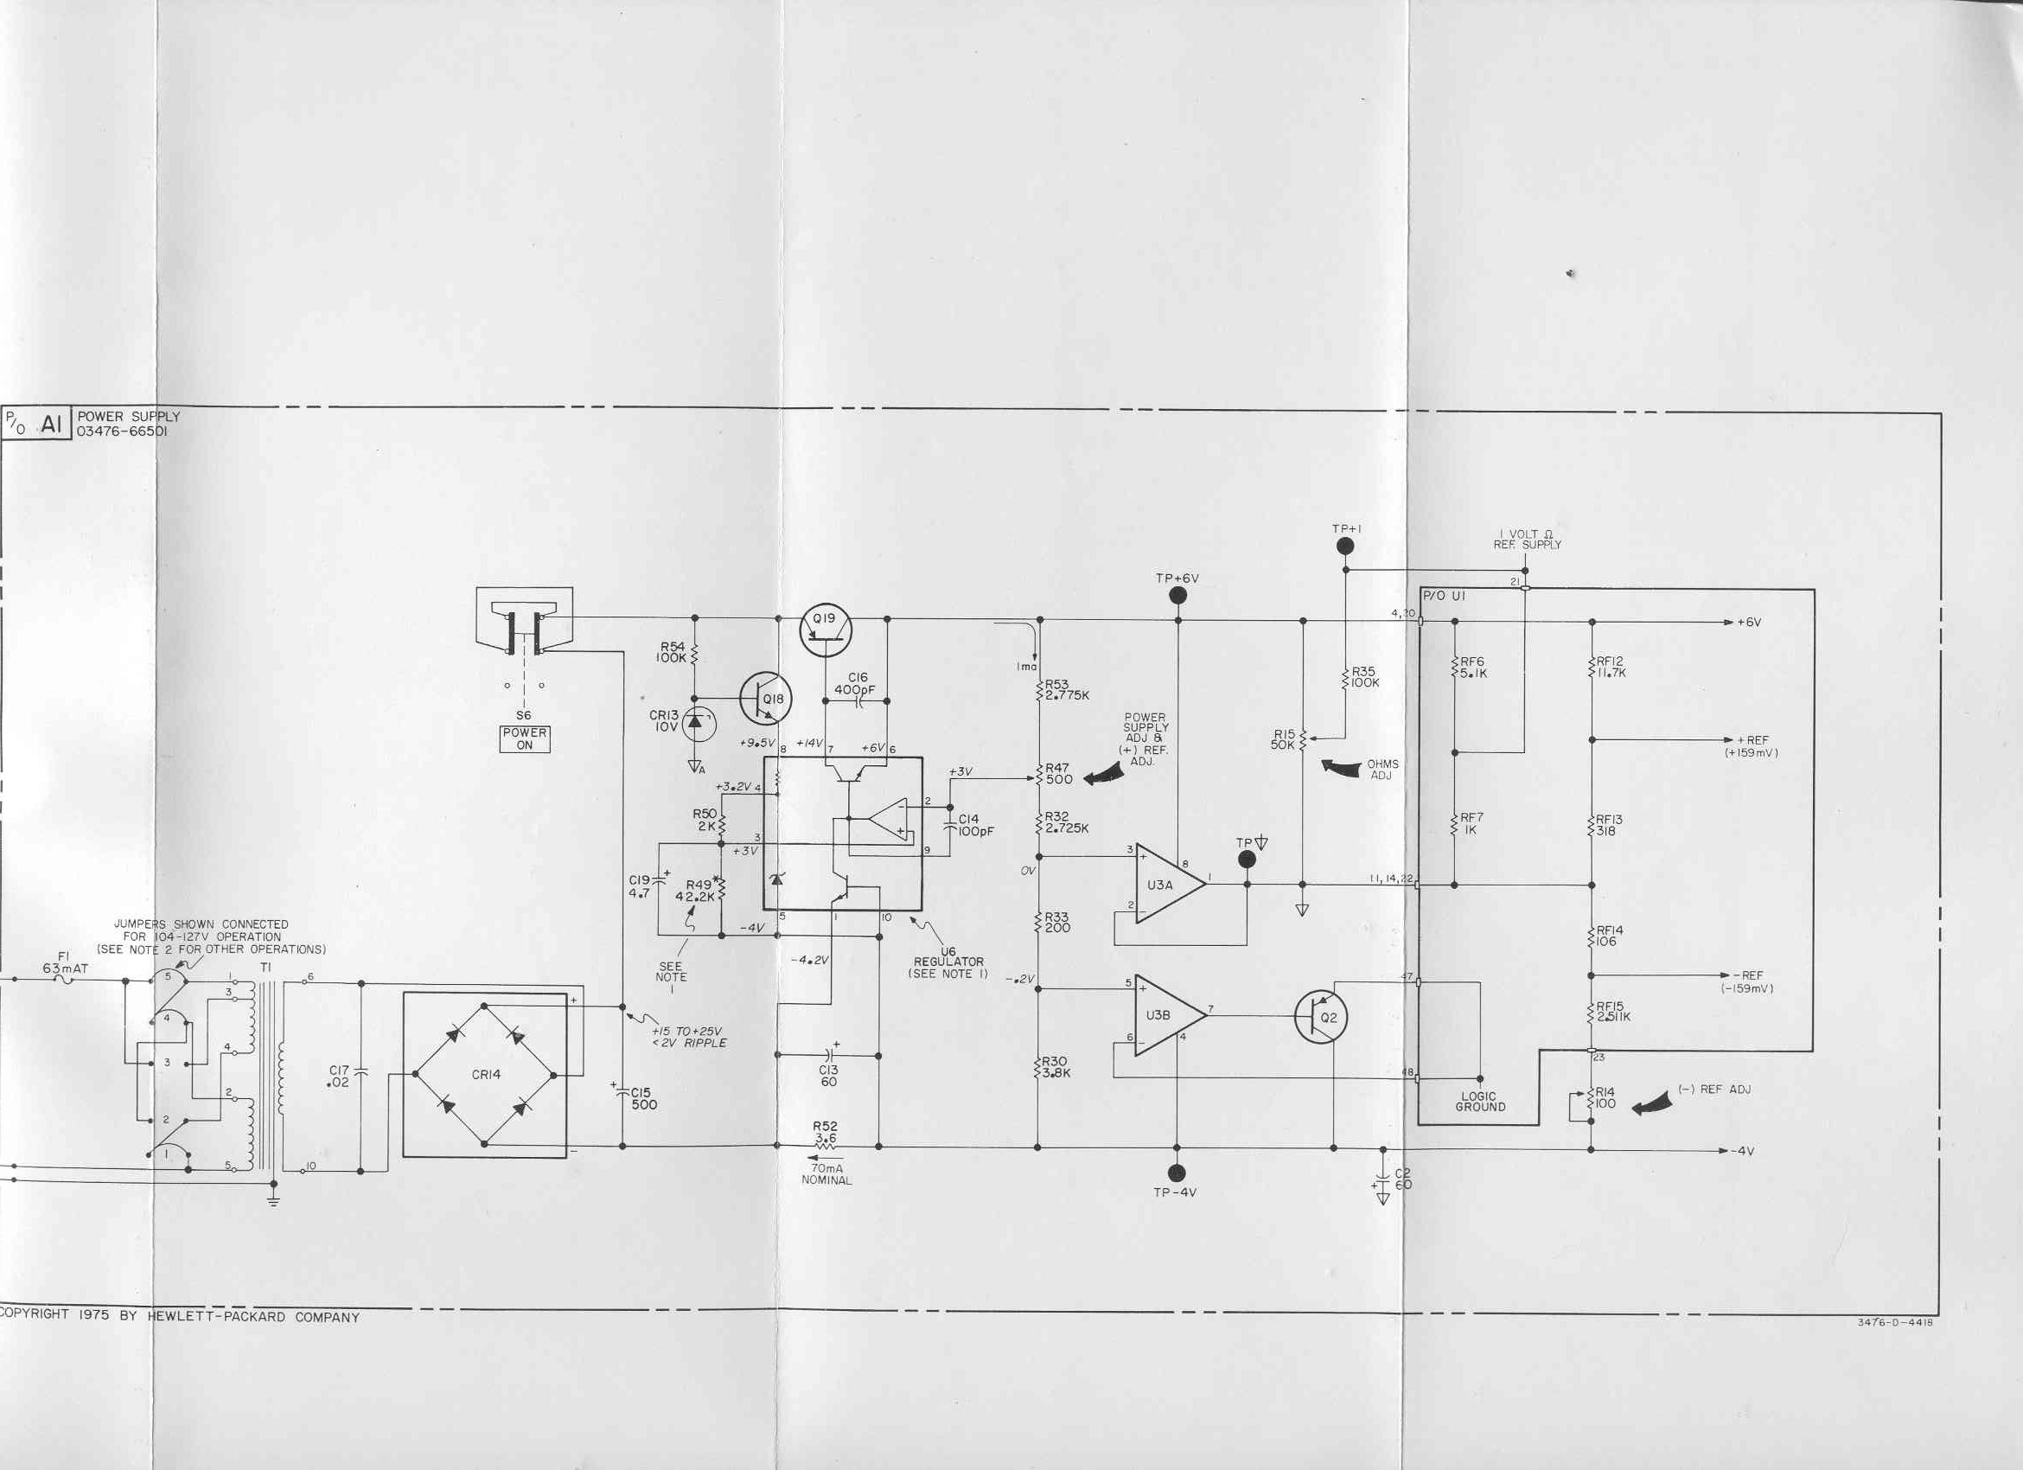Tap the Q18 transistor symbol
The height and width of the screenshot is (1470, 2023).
click(x=766, y=699)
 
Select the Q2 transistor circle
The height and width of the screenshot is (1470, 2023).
click(x=1321, y=1017)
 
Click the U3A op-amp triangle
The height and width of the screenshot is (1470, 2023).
click(x=1171, y=884)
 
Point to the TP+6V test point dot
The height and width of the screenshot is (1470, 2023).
click(x=1177, y=596)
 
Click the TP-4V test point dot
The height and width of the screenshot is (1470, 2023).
click(x=1177, y=1172)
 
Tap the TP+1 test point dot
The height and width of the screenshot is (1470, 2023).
click(x=1346, y=546)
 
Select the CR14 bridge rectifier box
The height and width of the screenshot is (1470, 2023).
click(x=484, y=1075)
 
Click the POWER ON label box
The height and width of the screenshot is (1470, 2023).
click(x=525, y=738)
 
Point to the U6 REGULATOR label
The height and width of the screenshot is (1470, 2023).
click(x=948, y=962)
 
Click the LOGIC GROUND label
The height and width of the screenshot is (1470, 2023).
click(x=1480, y=1102)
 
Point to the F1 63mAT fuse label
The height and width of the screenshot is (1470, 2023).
click(x=65, y=962)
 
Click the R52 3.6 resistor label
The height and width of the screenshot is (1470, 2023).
click(x=826, y=1132)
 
